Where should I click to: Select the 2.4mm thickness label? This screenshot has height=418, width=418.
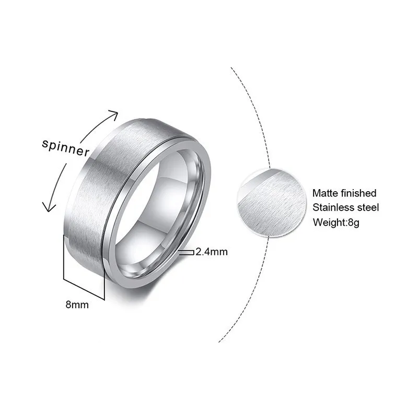click(212, 252)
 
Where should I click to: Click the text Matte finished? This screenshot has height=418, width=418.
click(344, 193)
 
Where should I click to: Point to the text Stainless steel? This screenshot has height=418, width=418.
click(346, 207)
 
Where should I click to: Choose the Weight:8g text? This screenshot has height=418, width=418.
click(336, 222)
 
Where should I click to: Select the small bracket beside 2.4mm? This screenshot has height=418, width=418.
click(187, 252)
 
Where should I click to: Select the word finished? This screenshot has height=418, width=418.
click(358, 193)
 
